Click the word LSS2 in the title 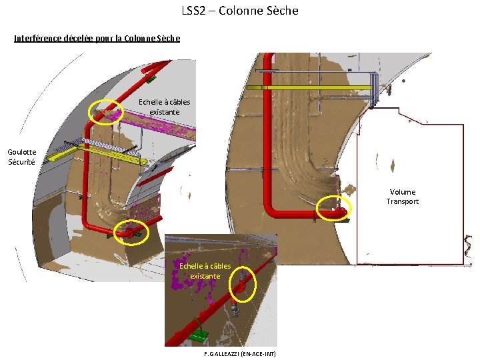(x=193, y=11)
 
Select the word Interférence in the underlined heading (x=37, y=38)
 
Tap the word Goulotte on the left (x=22, y=152)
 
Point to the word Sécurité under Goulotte (x=21, y=162)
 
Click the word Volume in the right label (x=403, y=192)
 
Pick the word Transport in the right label (x=403, y=201)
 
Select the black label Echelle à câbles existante (x=164, y=107)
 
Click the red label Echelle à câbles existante (x=205, y=271)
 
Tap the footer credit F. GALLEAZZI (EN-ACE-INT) (x=240, y=353)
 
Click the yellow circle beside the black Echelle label (x=106, y=111)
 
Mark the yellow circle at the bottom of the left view (x=131, y=232)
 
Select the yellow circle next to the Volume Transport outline (x=333, y=209)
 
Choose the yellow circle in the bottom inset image (x=243, y=284)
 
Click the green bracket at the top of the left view (x=151, y=78)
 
